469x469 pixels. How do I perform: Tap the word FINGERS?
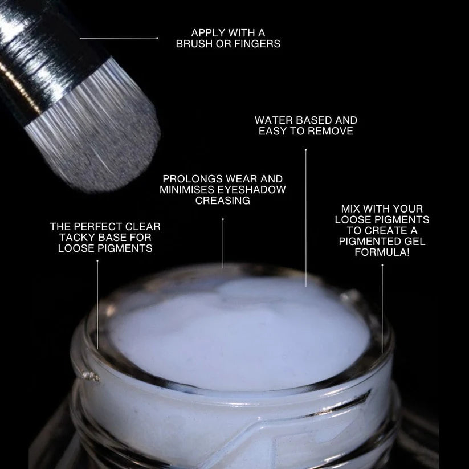[258, 43]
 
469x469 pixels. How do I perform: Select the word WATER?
[272, 120]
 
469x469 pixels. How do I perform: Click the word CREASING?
[223, 201]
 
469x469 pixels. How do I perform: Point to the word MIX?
[351, 209]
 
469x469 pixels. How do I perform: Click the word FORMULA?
[382, 252]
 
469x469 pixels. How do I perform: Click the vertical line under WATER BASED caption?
[306, 217]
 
